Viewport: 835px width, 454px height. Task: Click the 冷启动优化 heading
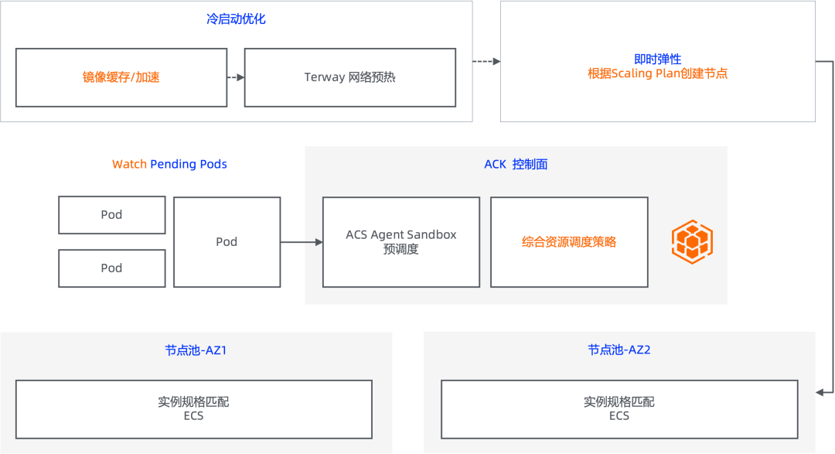click(235, 19)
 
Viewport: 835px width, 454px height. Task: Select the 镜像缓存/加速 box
click(121, 77)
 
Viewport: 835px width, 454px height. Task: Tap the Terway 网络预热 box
click(349, 77)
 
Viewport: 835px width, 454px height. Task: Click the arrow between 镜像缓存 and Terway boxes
click(236, 77)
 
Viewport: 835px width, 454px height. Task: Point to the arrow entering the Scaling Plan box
click(487, 62)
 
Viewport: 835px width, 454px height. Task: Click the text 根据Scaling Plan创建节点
click(657, 74)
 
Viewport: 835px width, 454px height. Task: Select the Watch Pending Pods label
click(169, 164)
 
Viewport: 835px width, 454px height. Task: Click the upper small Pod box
click(111, 215)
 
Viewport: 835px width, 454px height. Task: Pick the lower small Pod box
click(111, 268)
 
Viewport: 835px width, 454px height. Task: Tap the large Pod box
click(227, 242)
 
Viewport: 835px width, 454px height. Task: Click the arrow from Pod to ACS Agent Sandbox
click(302, 242)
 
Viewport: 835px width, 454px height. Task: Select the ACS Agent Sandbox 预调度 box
click(400, 242)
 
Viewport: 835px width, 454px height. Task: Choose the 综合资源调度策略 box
click(569, 242)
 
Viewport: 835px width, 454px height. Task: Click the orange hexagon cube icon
click(692, 241)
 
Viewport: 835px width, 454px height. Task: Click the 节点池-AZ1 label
click(196, 350)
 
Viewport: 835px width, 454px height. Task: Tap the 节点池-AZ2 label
click(619, 350)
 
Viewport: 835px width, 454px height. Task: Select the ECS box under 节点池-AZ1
click(193, 409)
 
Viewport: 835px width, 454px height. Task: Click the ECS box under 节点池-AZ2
click(619, 409)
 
